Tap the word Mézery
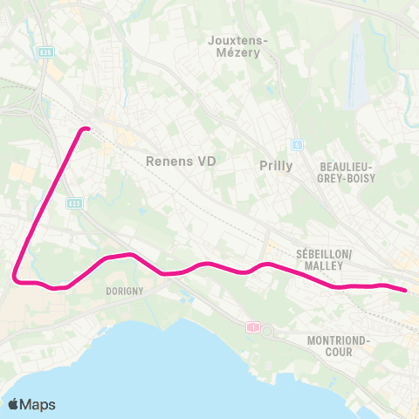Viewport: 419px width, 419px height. coord(241,52)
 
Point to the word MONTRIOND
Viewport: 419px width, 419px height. coord(340,340)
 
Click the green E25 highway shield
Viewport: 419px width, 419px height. coord(46,53)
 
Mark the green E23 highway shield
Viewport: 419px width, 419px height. coord(74,203)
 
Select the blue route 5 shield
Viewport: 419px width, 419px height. coord(297,145)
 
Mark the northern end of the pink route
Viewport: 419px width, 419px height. coord(86,129)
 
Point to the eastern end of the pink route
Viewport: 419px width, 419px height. coord(404,290)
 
